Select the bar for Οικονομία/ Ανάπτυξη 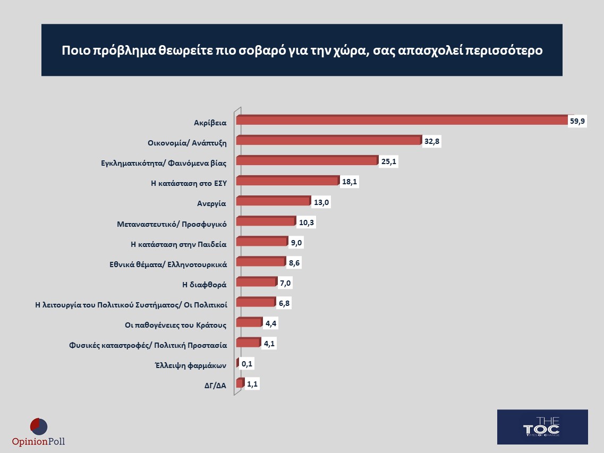click(328, 141)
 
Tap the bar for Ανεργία click(273, 202)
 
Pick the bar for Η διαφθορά click(256, 283)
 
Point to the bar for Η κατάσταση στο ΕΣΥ click(287, 182)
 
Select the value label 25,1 click(389, 161)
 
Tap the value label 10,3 click(307, 223)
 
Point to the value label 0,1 click(246, 364)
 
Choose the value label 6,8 click(284, 303)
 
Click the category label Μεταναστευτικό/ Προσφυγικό click(172, 224)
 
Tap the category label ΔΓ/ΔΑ click(215, 386)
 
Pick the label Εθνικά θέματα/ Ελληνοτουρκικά click(164, 264)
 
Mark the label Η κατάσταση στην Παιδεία click(178, 244)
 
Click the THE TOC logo click(542, 427)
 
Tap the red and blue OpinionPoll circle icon click(39, 426)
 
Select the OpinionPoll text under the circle click(39, 441)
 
